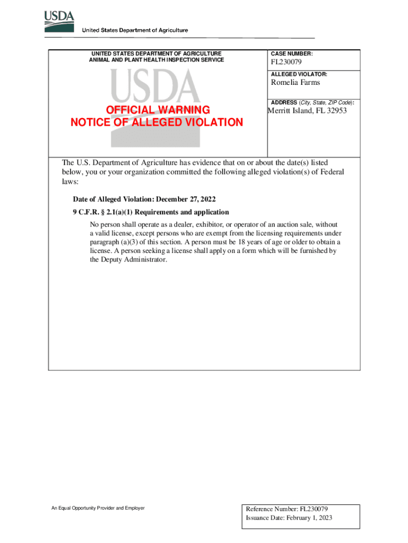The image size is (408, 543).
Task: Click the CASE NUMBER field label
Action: (x=292, y=54)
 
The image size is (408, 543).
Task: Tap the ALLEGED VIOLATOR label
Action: (x=299, y=74)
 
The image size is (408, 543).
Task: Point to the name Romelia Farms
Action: (x=295, y=83)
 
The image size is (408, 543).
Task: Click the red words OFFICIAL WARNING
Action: (x=157, y=110)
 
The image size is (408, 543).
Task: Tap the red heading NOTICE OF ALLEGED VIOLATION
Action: (x=157, y=122)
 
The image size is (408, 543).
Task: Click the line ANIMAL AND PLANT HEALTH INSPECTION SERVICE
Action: (x=157, y=60)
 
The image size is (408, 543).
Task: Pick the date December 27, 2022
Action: (x=186, y=199)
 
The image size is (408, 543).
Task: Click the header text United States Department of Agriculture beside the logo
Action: (x=135, y=31)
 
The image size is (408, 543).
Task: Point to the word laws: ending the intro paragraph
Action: (x=70, y=181)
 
